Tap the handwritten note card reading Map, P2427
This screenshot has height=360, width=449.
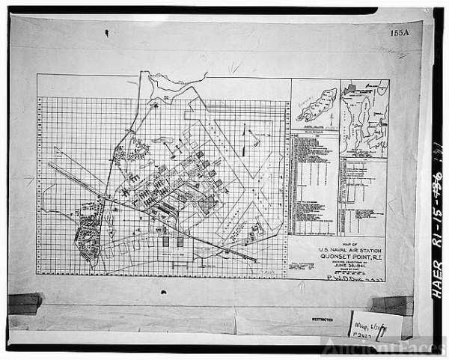click(374, 324)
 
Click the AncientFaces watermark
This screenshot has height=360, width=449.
click(385, 346)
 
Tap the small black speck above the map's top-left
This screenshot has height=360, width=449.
click(106, 33)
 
